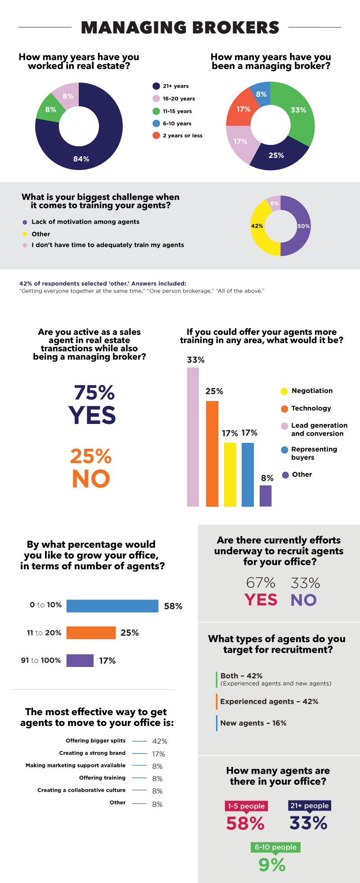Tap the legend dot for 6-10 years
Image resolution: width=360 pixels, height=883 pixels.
pyautogui.click(x=156, y=123)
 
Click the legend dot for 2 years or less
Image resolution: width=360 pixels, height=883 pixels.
pyautogui.click(x=156, y=135)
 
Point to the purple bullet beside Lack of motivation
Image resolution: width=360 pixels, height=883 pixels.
pyautogui.click(x=25, y=222)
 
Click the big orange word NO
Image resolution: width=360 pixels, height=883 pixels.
pyautogui.click(x=91, y=479)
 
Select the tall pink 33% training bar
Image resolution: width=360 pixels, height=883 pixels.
pyautogui.click(x=193, y=437)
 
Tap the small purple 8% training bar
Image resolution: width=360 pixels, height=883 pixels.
pyautogui.click(x=265, y=496)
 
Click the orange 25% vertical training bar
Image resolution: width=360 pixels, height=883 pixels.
pyautogui.click(x=212, y=454)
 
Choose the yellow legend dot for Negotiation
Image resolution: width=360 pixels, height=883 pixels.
pyautogui.click(x=284, y=391)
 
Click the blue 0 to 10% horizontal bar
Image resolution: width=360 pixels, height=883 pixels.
pyautogui.click(x=112, y=606)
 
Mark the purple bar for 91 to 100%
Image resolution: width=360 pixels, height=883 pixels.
pyautogui.click(x=80, y=660)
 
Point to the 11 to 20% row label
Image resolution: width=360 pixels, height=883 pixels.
pyautogui.click(x=44, y=633)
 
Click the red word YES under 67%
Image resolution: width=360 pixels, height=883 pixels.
pyautogui.click(x=261, y=600)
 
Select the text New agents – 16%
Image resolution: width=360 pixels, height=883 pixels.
pyautogui.click(x=253, y=723)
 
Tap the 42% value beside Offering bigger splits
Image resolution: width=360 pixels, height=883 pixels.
pyautogui.click(x=160, y=741)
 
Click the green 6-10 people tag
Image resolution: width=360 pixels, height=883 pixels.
pyautogui.click(x=275, y=847)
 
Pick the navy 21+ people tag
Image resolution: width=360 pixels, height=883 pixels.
pyautogui.click(x=310, y=806)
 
